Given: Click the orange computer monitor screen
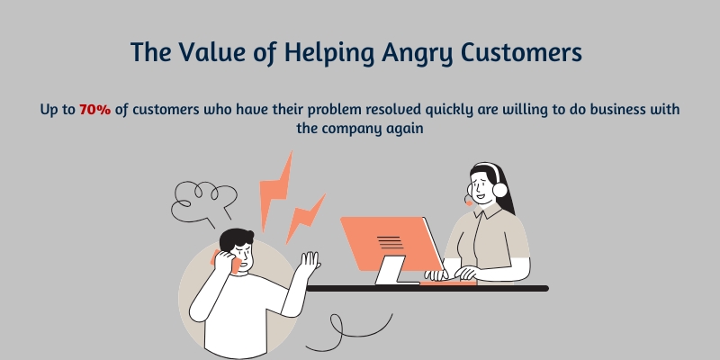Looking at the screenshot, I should pyautogui.click(x=391, y=241).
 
